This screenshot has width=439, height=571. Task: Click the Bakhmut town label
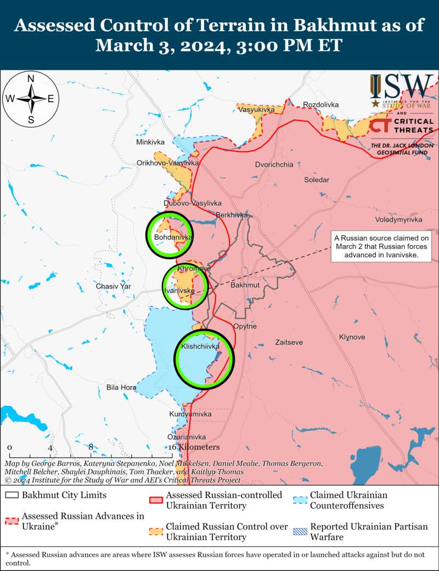[245, 285]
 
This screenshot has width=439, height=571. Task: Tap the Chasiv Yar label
[114, 286]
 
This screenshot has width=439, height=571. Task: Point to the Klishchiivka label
[200, 347]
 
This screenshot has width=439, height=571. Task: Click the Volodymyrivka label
[398, 219]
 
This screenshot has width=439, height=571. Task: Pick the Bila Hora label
[121, 387]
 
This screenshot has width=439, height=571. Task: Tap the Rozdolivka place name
[321, 104]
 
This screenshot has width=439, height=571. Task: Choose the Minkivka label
[150, 142]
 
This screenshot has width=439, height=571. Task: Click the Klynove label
[352, 337]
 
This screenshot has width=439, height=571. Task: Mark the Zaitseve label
[289, 342]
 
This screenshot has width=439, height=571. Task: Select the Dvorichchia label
[274, 164]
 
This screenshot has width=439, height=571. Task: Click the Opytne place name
[245, 326]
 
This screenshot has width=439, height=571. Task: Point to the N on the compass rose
[31, 78]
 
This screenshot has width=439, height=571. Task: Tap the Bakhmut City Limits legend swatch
[12, 495]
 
